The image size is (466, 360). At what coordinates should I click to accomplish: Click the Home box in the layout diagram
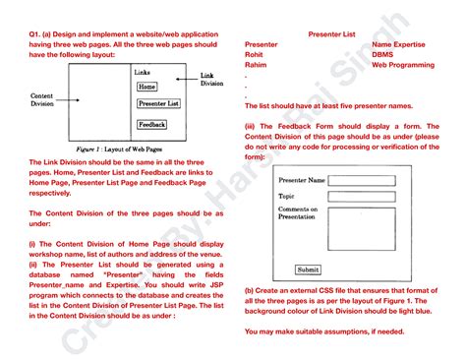(x=146, y=87)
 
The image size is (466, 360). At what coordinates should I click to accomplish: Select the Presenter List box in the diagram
(x=157, y=102)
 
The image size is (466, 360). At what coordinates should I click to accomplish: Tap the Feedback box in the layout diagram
(x=151, y=125)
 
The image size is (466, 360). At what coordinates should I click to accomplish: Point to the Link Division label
(x=211, y=80)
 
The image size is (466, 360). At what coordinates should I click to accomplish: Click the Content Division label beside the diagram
(x=41, y=100)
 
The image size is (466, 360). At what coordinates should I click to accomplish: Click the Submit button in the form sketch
(x=308, y=270)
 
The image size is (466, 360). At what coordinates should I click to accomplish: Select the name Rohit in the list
(x=255, y=55)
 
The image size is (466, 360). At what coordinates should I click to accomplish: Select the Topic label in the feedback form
(x=288, y=196)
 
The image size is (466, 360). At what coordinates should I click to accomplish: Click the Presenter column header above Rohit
(x=262, y=44)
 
